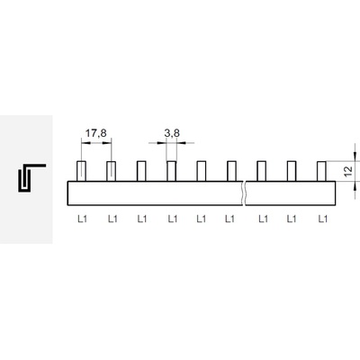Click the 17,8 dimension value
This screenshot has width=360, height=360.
click(x=96, y=132)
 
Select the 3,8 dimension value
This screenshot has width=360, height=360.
click(x=172, y=132)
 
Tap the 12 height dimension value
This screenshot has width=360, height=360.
click(x=348, y=171)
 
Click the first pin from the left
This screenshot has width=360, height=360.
click(x=81, y=171)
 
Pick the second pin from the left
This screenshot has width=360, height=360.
click(x=112, y=171)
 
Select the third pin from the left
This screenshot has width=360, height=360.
click(x=141, y=171)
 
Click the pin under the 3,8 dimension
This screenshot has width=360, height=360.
click(x=171, y=171)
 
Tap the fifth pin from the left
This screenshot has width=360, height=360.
click(x=202, y=171)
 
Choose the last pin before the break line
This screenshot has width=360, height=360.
click(x=231, y=171)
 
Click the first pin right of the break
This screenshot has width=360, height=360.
click(x=262, y=171)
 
